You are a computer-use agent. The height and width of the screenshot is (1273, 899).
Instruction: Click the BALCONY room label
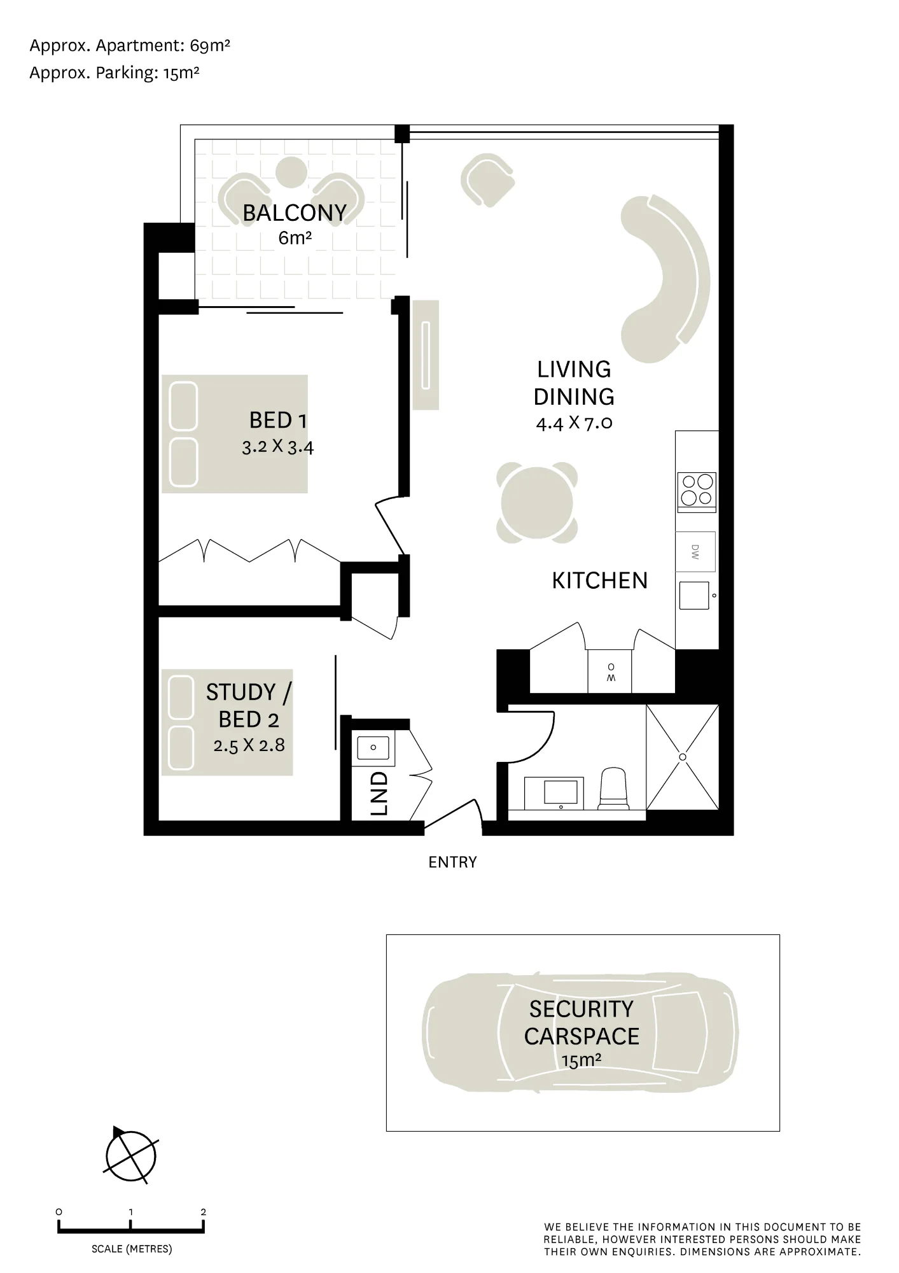tap(295, 213)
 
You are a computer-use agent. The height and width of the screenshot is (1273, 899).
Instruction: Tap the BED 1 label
tap(278, 420)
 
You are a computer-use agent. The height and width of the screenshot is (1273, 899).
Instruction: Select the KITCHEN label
tap(599, 580)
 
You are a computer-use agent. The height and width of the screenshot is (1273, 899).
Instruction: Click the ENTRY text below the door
tap(452, 862)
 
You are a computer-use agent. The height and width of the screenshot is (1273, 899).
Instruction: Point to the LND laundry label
tap(379, 794)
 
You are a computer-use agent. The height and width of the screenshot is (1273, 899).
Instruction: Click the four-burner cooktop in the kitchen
tap(697, 491)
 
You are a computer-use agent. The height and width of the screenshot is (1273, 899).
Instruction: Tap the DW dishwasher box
tap(695, 552)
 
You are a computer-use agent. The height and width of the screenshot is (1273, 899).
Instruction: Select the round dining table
tap(536, 503)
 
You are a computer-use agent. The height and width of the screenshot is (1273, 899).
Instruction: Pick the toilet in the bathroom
tap(614, 788)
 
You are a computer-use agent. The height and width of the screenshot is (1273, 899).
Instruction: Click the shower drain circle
tap(683, 757)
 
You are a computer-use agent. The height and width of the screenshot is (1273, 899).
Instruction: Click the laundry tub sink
tap(373, 748)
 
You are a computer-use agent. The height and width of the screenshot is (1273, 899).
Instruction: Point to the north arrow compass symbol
tap(130, 1157)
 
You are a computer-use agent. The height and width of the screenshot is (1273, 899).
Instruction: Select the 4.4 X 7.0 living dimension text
tap(574, 423)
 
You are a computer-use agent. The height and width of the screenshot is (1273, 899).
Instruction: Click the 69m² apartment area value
tap(210, 46)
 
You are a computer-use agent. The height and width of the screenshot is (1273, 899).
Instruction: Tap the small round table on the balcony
tap(292, 172)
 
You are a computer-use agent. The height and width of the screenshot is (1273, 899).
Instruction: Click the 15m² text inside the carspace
tap(582, 1060)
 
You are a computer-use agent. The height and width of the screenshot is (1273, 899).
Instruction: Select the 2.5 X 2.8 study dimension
tap(249, 745)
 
